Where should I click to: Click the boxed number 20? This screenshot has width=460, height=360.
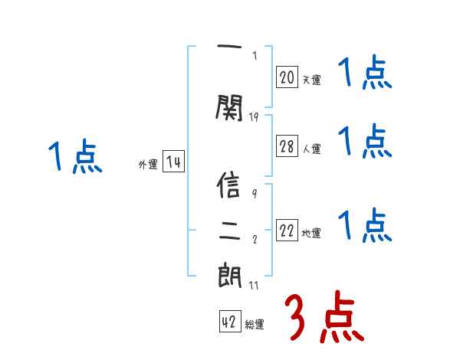pyautogui.click(x=287, y=77)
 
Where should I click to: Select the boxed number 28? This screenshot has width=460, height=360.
pyautogui.click(x=287, y=147)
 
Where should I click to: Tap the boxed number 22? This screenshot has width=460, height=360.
pyautogui.click(x=287, y=231)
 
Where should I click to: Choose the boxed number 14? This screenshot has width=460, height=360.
pyautogui.click(x=173, y=162)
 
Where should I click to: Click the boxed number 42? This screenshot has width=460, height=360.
pyautogui.click(x=229, y=322)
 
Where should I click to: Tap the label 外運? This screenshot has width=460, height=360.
pyautogui.click(x=148, y=165)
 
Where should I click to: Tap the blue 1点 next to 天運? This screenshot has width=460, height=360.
pyautogui.click(x=365, y=74)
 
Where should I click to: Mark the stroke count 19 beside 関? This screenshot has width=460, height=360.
pyautogui.click(x=255, y=116)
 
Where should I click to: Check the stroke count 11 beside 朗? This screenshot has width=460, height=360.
pyautogui.click(x=254, y=286)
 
